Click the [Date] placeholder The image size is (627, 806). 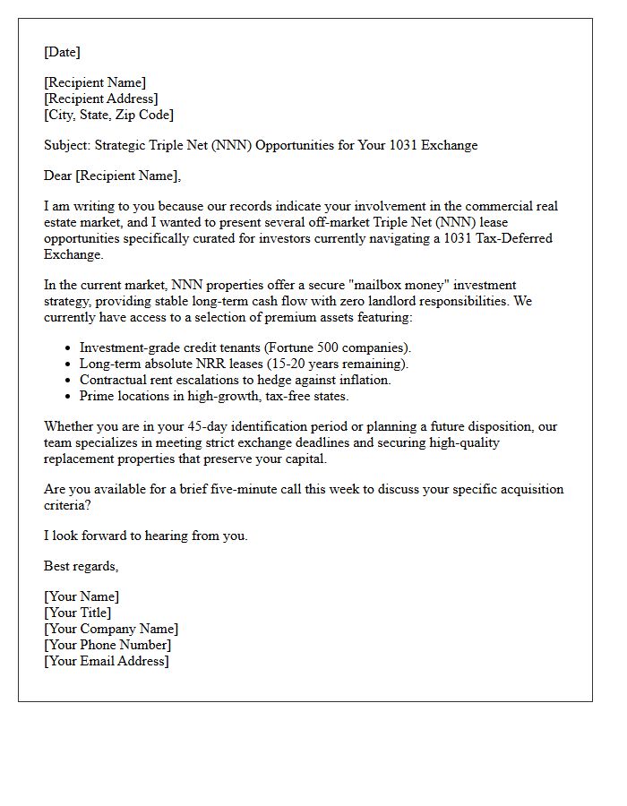[x=62, y=52]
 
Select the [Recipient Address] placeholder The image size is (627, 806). [x=101, y=99]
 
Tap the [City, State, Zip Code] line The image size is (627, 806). [x=108, y=115]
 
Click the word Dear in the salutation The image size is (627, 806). [x=58, y=176]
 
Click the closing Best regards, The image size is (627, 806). [x=81, y=566]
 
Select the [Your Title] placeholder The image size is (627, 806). [x=78, y=613]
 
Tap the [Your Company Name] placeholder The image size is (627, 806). [x=111, y=629]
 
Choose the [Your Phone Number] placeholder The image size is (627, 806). [x=107, y=645]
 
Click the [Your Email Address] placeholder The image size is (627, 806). [x=107, y=661]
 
